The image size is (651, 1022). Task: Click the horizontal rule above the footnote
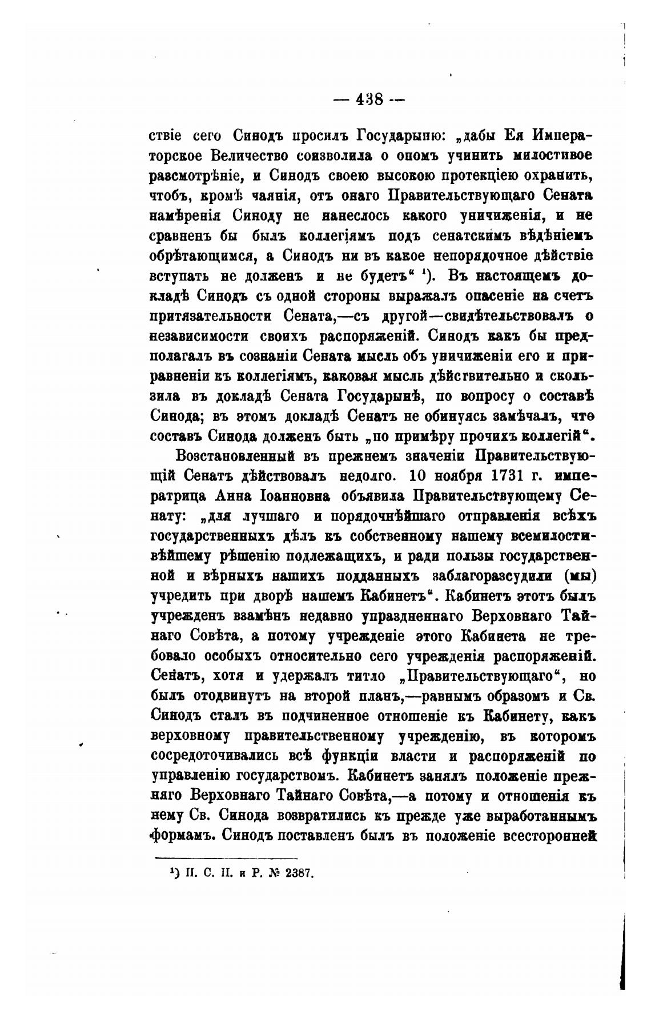click(226, 858)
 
